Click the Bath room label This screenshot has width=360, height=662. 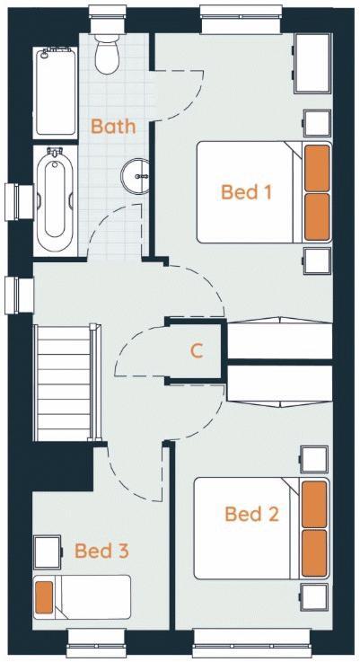pos(113,126)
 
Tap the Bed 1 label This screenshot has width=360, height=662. pos(246,191)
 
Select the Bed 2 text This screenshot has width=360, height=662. pos(251,514)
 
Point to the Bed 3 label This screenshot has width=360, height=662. pos(101,550)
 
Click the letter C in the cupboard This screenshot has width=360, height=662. pos(197,351)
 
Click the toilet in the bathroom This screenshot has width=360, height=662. pos(107,54)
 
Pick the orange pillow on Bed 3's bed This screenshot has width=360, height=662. pos(44,597)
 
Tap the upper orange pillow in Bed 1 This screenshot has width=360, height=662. pos(317,168)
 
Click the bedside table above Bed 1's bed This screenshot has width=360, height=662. pos(316,123)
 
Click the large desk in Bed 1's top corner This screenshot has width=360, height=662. pos(313,64)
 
